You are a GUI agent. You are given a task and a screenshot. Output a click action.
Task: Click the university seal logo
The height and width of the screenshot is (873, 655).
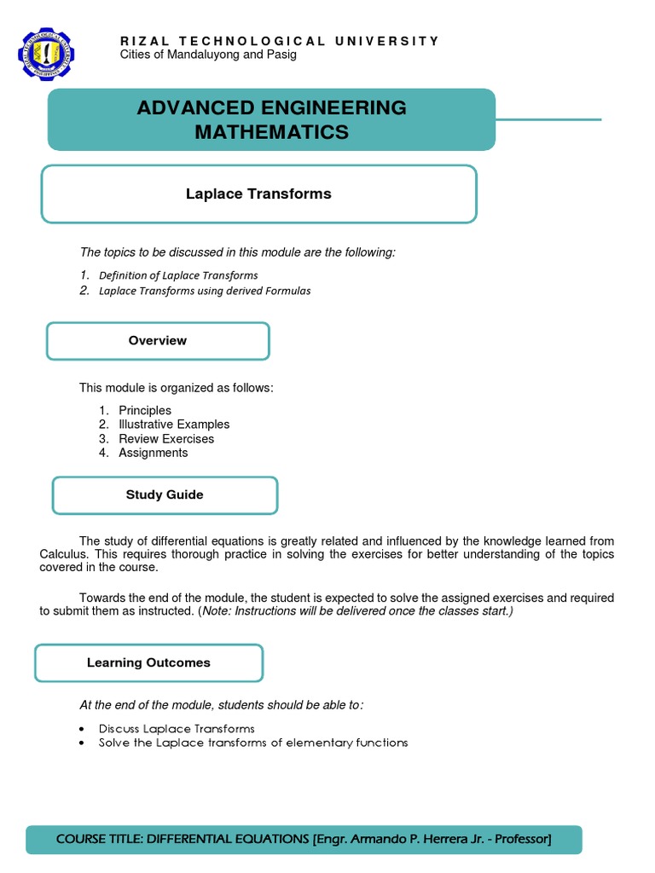click(x=46, y=55)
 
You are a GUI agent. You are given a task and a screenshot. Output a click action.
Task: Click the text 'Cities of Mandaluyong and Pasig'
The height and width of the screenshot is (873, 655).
click(x=209, y=55)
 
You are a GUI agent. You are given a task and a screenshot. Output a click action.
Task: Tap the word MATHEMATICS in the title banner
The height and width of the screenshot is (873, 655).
click(x=271, y=132)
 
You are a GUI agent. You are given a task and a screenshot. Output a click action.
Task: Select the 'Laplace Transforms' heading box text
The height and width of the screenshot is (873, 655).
click(x=258, y=194)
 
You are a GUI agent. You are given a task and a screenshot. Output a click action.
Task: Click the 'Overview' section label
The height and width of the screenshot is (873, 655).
click(x=158, y=340)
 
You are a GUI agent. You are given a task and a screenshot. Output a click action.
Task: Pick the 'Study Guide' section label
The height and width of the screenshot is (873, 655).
click(x=165, y=494)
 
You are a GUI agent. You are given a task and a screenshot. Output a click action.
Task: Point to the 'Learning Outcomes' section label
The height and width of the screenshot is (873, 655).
click(x=148, y=662)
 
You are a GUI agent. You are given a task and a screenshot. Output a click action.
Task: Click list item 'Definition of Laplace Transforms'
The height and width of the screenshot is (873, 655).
click(x=178, y=275)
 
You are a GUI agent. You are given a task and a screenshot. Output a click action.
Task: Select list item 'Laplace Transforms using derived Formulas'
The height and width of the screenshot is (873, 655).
click(x=205, y=291)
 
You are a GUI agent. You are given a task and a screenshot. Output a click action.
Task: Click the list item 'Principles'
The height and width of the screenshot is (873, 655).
click(x=145, y=410)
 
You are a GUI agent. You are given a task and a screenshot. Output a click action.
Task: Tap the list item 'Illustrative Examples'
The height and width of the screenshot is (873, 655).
click(x=174, y=425)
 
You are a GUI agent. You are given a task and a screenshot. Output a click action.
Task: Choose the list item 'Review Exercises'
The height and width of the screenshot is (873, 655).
click(x=166, y=439)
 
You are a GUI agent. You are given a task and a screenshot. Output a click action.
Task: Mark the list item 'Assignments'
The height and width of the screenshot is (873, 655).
click(x=153, y=453)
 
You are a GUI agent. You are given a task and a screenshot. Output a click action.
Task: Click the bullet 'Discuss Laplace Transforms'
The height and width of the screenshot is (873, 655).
click(x=177, y=728)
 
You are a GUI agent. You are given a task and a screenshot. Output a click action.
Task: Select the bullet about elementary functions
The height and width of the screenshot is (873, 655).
click(x=253, y=743)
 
